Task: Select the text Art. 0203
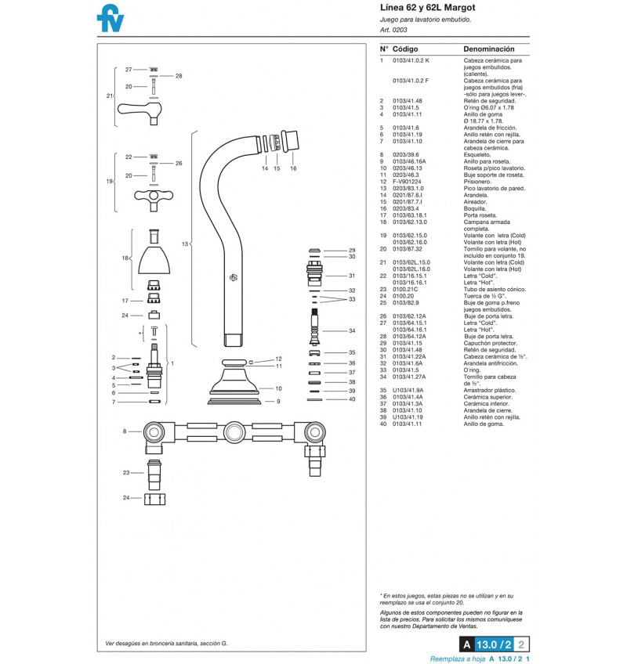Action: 393,30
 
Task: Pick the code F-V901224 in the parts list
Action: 407,182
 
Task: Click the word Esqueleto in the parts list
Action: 478,155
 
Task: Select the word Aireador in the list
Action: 476,202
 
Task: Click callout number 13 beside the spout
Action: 185,244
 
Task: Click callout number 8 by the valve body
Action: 124,431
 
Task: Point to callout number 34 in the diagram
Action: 352,331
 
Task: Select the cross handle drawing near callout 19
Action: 154,195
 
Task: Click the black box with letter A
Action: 466,645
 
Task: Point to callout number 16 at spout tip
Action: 293,168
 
